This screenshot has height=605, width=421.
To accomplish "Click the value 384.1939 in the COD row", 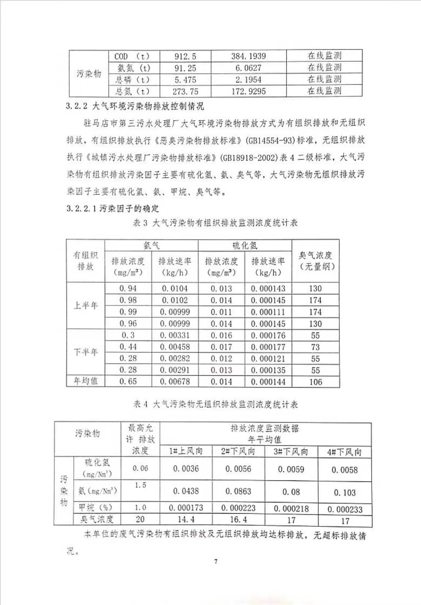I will (248, 56).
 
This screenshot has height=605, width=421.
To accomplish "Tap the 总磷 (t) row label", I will (132, 80).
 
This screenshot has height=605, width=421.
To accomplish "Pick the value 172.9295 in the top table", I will (248, 91).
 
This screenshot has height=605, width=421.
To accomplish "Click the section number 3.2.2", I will (77, 106).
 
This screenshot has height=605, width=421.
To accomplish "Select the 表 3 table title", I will (215, 223).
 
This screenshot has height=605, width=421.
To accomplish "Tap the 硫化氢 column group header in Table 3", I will (245, 246).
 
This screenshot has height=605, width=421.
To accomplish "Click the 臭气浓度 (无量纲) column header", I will (315, 261).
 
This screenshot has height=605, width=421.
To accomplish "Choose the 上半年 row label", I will (85, 306).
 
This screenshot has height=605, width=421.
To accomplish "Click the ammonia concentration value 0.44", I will (128, 347).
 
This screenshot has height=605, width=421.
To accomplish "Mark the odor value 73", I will (315, 347).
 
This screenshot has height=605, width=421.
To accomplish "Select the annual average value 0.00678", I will (175, 382).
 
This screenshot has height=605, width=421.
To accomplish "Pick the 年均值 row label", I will (85, 381).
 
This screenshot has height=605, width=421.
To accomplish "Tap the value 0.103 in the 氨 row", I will (344, 492).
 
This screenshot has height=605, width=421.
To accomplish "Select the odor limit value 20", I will (140, 519).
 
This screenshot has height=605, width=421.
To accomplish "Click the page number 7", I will (216, 561).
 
